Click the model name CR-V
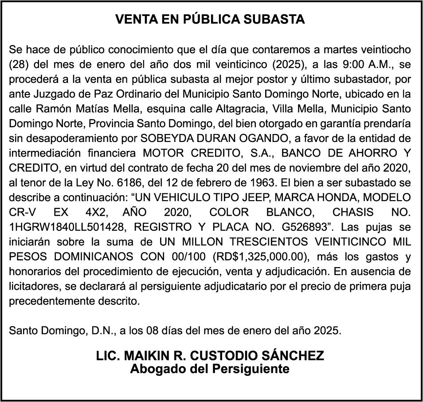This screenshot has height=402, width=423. coord(21,212)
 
